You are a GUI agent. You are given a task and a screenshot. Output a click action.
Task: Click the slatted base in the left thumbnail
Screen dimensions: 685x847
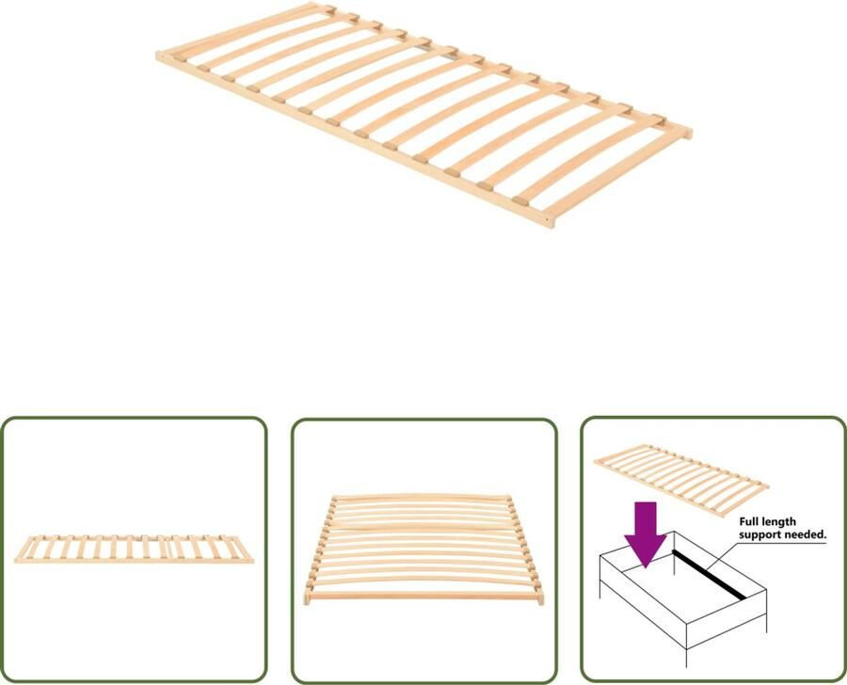(133, 549)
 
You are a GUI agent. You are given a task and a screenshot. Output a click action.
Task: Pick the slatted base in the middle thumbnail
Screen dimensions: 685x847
(423, 549)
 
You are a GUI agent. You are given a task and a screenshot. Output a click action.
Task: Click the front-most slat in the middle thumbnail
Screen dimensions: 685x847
(424, 595)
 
